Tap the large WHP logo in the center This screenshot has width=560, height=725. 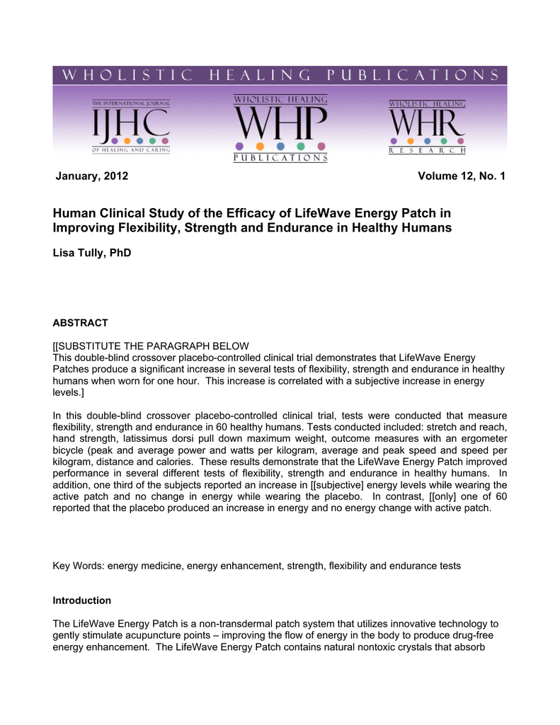coord(280,128)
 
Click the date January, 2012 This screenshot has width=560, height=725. coord(92,176)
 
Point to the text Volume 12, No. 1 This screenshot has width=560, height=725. coord(462,176)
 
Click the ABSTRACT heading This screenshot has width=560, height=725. coord(81,323)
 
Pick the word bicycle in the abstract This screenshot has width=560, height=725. coord(69,451)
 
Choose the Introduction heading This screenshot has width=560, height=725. coord(82,600)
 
